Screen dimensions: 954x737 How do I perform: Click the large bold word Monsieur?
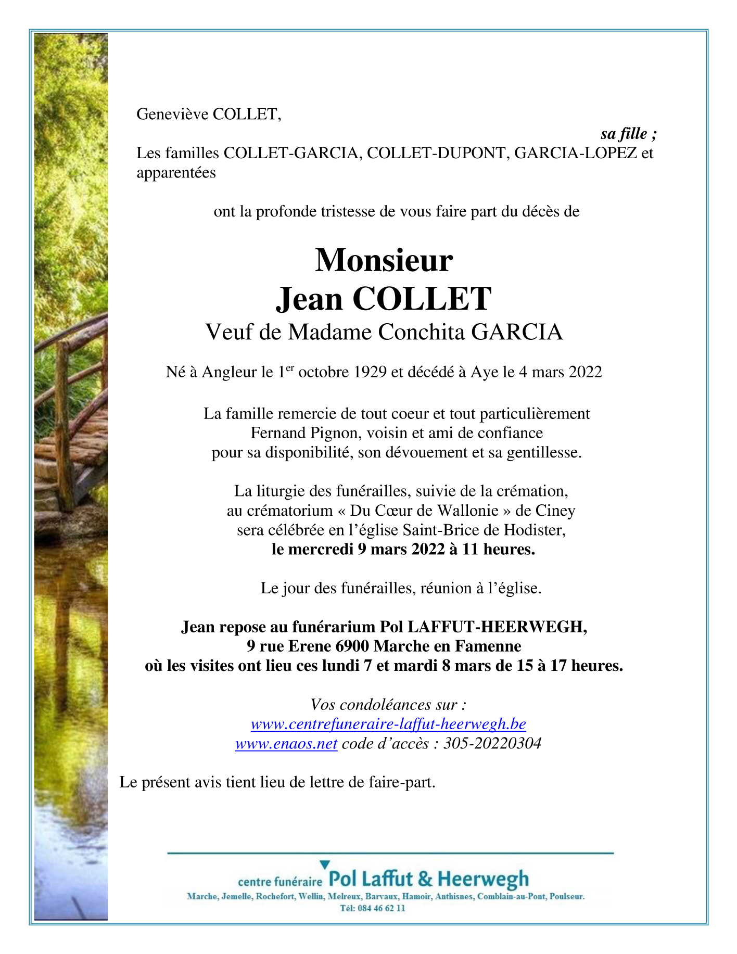tap(384, 260)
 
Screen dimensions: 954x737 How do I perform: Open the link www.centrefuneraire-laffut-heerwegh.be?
tap(388, 724)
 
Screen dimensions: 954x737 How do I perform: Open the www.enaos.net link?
tap(286, 743)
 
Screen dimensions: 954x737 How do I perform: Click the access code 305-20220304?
tap(492, 743)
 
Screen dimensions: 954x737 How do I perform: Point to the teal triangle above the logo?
tap(324, 864)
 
